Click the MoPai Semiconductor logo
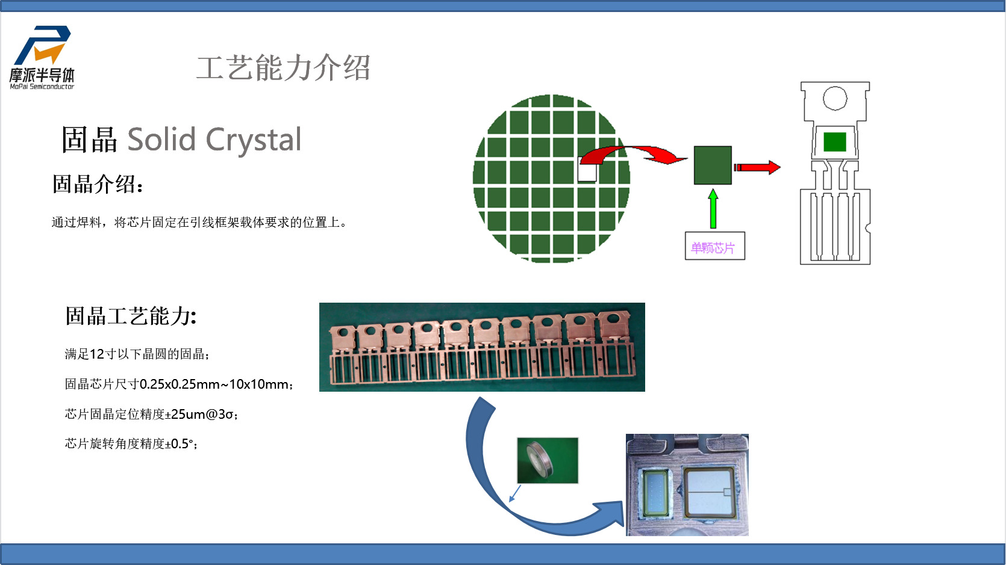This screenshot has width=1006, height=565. (42, 57)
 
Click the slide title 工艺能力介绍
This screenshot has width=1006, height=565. (283, 68)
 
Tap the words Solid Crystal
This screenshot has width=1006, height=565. (214, 139)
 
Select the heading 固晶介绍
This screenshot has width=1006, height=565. (98, 184)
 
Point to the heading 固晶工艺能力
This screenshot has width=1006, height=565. (131, 316)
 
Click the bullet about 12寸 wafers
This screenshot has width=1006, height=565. (137, 354)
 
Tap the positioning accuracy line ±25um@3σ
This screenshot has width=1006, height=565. (151, 414)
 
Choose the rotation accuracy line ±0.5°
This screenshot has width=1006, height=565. (131, 444)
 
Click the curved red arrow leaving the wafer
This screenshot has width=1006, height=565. (633, 155)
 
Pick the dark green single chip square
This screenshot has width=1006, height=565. (713, 165)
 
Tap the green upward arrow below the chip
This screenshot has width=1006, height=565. (713, 209)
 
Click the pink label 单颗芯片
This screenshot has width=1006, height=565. (713, 248)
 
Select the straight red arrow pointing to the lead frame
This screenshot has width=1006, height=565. (757, 167)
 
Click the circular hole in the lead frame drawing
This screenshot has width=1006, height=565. (835, 98)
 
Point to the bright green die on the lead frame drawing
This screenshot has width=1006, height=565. (835, 142)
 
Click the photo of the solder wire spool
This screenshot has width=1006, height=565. (548, 460)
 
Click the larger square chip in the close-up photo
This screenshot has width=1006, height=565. (709, 492)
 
